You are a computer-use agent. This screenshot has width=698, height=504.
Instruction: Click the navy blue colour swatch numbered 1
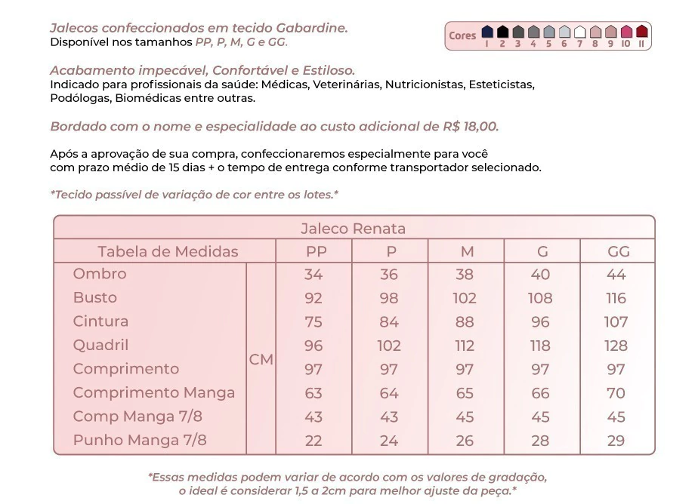tap(487, 32)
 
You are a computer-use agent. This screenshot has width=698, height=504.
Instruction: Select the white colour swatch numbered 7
tap(580, 32)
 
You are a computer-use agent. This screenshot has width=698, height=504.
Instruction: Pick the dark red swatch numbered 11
tap(641, 32)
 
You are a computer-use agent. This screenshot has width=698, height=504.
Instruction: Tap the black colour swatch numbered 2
tap(502, 32)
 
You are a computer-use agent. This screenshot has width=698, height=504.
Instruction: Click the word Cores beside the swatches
tap(462, 35)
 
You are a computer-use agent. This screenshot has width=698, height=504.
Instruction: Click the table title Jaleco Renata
tap(353, 229)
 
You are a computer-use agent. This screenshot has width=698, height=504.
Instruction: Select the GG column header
tap(618, 252)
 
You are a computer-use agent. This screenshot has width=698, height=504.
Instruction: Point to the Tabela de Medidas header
tap(168, 252)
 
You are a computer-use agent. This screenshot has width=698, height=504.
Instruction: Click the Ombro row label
tap(100, 274)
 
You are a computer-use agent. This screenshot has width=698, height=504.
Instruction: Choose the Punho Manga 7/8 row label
tap(140, 440)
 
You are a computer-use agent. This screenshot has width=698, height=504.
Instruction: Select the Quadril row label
tap(100, 346)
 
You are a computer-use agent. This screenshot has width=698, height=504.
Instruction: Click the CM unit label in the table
tap(261, 360)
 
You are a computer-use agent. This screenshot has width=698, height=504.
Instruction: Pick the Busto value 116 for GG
tap(616, 298)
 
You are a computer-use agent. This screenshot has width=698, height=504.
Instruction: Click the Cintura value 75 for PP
tap(313, 322)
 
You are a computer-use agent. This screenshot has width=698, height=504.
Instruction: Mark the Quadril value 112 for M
tap(465, 346)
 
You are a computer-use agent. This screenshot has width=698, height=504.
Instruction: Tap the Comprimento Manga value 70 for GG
tap(616, 393)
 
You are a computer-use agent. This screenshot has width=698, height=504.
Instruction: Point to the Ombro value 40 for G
tap(540, 275)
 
